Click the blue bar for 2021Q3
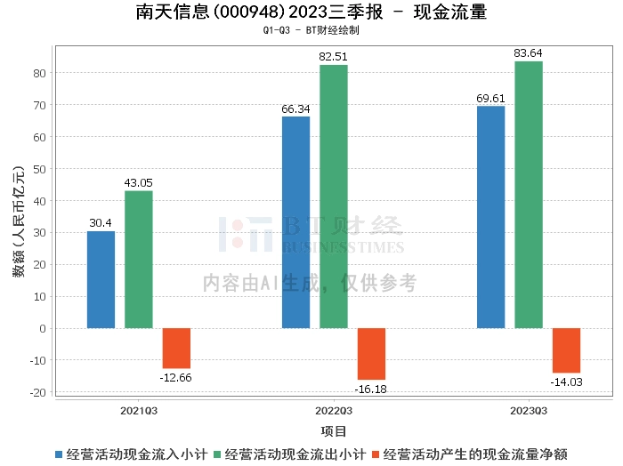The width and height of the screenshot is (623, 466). pyautogui.click(x=101, y=279)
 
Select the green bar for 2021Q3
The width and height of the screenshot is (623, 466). pyautogui.click(x=138, y=259)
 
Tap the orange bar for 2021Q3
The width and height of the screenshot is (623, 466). pyautogui.click(x=176, y=348)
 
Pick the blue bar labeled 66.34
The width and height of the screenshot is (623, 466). pyautogui.click(x=295, y=222)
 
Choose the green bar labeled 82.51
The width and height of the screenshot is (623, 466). pyautogui.click(x=334, y=197)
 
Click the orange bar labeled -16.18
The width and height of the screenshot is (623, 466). pyautogui.click(x=371, y=354)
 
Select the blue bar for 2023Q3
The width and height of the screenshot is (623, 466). pyautogui.click(x=490, y=217)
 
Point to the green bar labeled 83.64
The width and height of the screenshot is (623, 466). pyautogui.click(x=528, y=195)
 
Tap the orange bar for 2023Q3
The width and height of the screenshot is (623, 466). pyautogui.click(x=566, y=350)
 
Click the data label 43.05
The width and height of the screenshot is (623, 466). pyautogui.click(x=138, y=183)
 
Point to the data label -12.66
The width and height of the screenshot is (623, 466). pyautogui.click(x=176, y=378)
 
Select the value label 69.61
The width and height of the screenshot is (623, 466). pyautogui.click(x=490, y=98)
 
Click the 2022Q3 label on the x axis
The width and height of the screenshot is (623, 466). pyautogui.click(x=334, y=411)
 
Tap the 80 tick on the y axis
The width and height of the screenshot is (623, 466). pyautogui.click(x=41, y=73)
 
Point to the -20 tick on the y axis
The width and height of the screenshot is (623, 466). pyautogui.click(x=39, y=392)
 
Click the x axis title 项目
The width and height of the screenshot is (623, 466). pyautogui.click(x=334, y=431)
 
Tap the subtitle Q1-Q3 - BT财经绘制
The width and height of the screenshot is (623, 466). pyautogui.click(x=311, y=30)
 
